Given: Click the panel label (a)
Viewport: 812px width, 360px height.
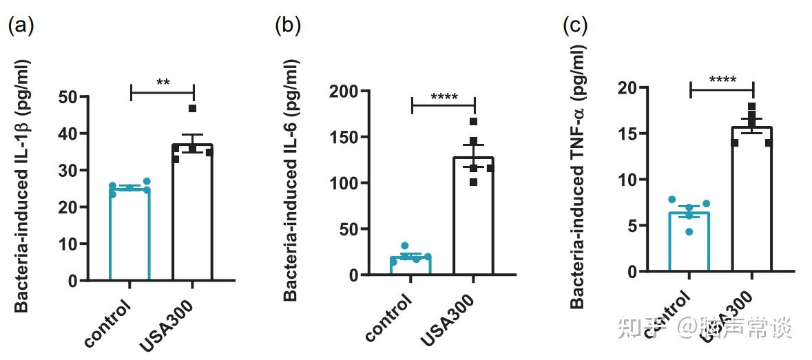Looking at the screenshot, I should pos(20,25).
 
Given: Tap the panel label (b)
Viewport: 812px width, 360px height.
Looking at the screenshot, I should pos(288,25).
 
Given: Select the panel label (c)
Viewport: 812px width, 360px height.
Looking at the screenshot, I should pos(574,25).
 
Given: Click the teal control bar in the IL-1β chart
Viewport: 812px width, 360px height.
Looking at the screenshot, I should pos(129,234).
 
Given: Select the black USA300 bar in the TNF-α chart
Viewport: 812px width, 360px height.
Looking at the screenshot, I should pos(751,200).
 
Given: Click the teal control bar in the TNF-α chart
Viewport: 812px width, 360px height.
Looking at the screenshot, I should pos(689,241).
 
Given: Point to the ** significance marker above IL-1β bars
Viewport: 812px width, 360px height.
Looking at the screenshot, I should pos(163,83).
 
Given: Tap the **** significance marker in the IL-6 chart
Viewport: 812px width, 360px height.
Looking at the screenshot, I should pos(444,97).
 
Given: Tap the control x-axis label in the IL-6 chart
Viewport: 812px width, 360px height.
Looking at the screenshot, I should pos(389,318).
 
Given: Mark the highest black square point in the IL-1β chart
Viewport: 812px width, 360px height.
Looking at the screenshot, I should pos(192,108).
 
